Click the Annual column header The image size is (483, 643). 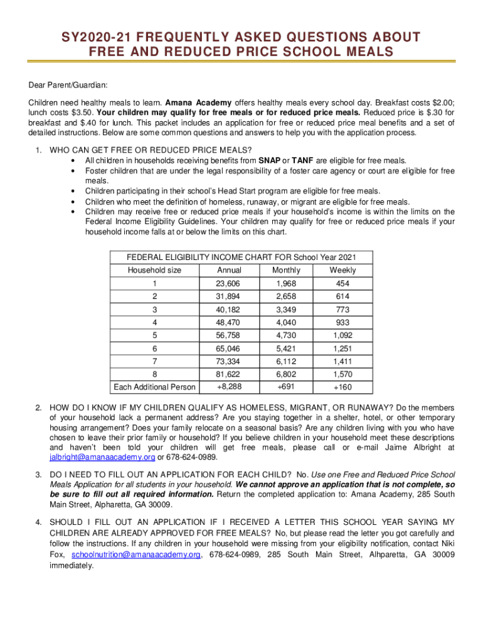coord(229,270)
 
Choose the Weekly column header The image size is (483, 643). coord(342,270)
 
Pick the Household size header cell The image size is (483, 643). coord(154,270)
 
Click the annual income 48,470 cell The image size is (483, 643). coord(229,323)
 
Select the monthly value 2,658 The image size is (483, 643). coord(286,296)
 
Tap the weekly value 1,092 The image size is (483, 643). coord(342,335)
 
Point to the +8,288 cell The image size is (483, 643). coord(229,386)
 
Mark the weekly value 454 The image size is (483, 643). coord(342,284)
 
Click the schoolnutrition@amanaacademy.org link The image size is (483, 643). coord(136,555)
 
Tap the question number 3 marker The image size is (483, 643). coord(38,475)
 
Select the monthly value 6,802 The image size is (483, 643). coord(286,374)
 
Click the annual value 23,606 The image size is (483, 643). coord(229,284)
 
